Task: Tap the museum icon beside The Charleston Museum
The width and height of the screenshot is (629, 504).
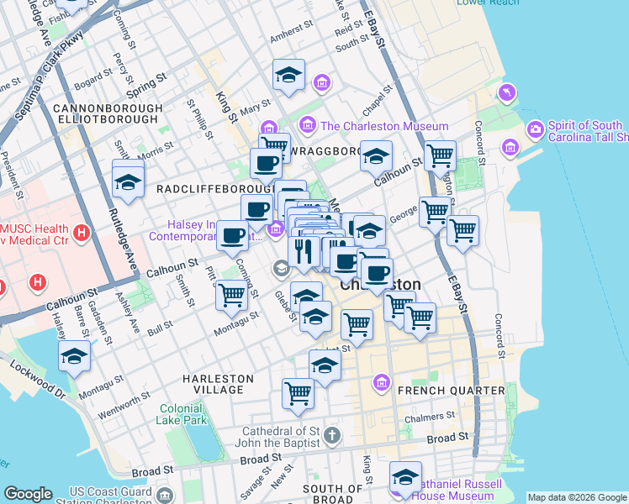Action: [307, 126]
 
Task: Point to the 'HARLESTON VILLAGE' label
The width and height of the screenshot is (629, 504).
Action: [218, 385]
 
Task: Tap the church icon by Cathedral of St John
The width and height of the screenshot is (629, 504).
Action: [333, 435]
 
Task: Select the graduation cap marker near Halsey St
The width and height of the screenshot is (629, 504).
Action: [75, 356]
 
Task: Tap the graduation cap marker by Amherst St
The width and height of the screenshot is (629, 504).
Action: [288, 74]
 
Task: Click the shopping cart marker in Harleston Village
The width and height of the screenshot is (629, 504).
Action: [299, 392]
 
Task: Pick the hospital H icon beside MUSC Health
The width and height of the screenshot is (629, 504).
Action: [82, 232]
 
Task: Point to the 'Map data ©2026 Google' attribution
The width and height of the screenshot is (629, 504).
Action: [577, 497]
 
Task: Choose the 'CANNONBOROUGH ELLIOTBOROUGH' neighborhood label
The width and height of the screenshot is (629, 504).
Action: [106, 114]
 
